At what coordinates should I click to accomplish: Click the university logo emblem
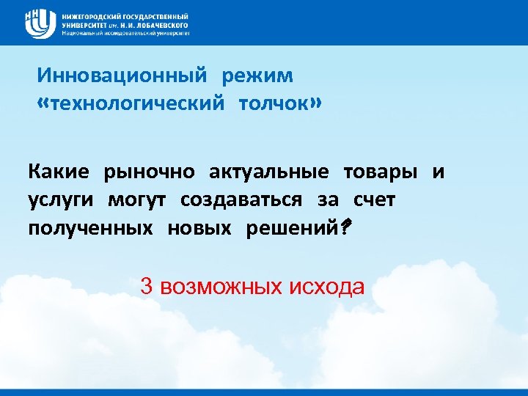pos(40,23)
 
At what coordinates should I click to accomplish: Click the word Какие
pos(59,172)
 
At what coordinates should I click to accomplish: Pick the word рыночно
pos(150,172)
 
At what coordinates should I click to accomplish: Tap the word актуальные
pos(268,172)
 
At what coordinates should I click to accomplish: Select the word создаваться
pos(242,200)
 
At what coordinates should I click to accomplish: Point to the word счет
pos(374,200)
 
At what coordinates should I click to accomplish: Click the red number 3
pos(146,286)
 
